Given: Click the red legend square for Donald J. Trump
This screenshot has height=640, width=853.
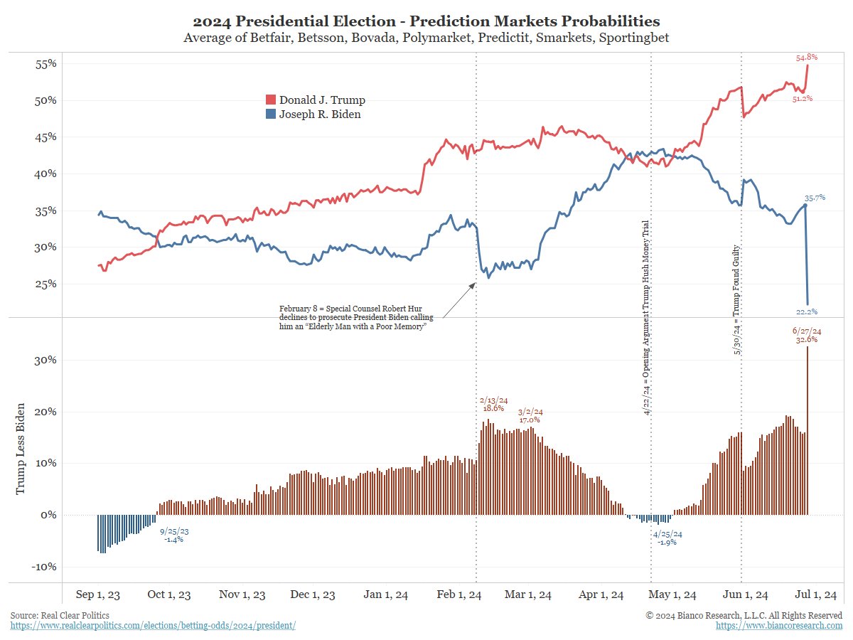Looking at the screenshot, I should (x=270, y=100).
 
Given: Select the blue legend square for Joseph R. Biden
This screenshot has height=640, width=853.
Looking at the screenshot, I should (x=270, y=114).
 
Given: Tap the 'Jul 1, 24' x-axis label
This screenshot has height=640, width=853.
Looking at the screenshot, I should (x=815, y=594).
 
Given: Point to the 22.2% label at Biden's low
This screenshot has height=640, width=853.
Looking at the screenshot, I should (x=806, y=311).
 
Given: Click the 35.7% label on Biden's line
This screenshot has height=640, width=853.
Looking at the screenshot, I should (x=815, y=197).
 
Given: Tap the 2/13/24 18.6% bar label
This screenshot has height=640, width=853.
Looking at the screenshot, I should (x=493, y=404).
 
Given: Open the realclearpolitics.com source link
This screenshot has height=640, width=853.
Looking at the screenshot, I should (x=153, y=625).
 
